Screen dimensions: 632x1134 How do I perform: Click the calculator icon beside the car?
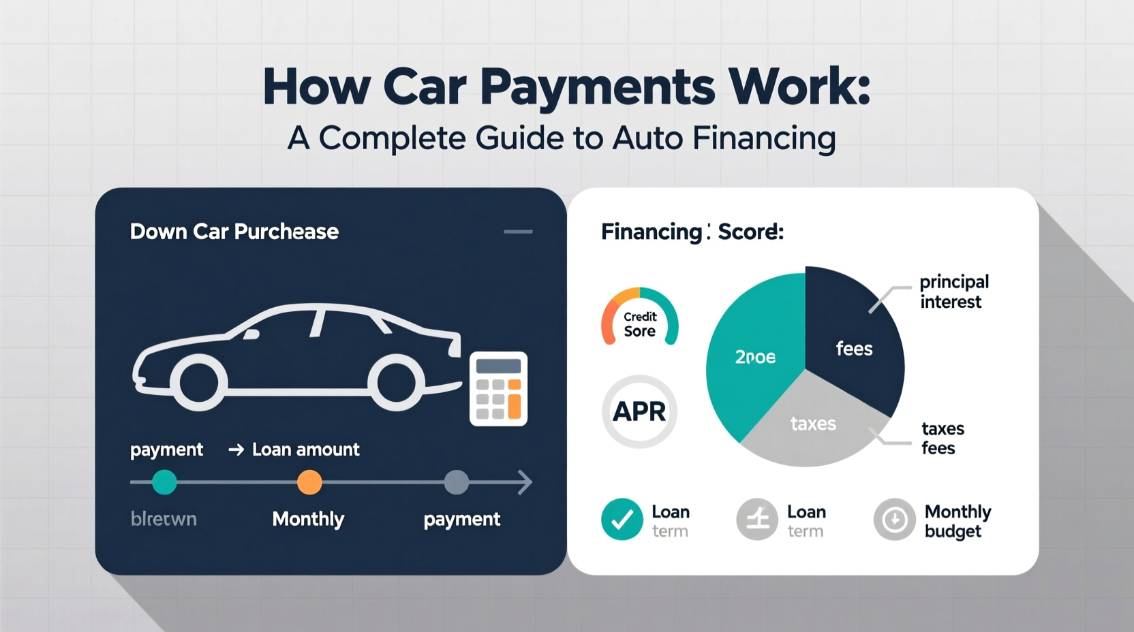(x=498, y=389)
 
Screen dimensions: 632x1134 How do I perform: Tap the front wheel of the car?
(x=198, y=383)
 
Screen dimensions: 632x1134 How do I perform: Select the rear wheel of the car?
(x=397, y=383)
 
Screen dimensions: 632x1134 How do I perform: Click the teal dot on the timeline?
(x=164, y=482)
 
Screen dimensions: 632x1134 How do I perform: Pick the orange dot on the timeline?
(x=309, y=482)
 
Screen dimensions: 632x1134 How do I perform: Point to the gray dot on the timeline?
(x=456, y=482)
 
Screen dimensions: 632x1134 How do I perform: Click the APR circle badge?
(x=639, y=411)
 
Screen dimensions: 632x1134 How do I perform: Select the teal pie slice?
(x=753, y=354)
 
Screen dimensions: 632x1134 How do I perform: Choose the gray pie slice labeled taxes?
(x=812, y=426)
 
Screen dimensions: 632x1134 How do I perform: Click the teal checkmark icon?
(x=622, y=520)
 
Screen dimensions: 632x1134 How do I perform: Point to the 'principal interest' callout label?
(x=953, y=291)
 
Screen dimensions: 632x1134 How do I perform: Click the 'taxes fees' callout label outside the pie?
(x=943, y=438)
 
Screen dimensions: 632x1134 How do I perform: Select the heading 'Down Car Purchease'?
(x=234, y=232)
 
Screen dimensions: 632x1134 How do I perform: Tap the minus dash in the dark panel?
(x=518, y=232)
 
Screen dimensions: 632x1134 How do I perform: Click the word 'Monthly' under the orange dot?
(x=308, y=519)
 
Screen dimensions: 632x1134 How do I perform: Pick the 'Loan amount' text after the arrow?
(x=305, y=449)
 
